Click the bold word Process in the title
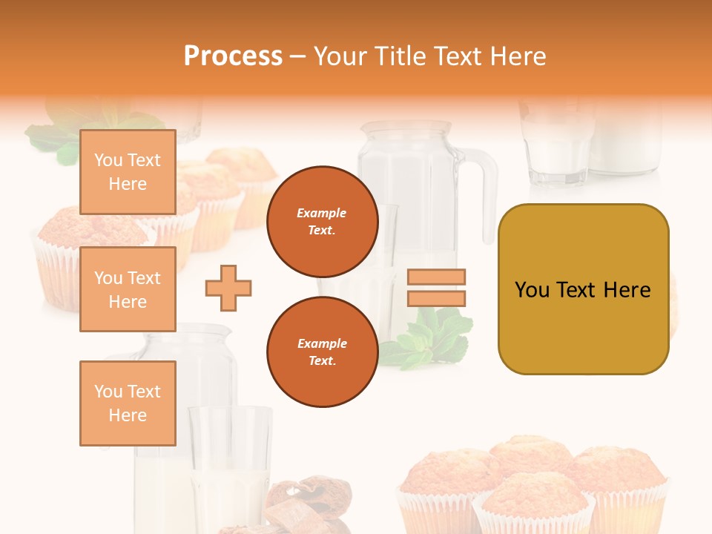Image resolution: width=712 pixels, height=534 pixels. [233, 56]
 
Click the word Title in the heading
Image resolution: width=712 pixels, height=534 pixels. [400, 56]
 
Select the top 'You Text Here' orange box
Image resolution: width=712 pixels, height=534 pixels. [128, 172]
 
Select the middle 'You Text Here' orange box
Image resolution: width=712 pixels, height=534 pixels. [128, 289]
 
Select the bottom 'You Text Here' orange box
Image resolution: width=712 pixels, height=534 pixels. [128, 403]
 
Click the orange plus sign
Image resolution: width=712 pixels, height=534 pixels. [228, 288]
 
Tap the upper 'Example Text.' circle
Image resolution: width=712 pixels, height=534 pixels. [322, 222]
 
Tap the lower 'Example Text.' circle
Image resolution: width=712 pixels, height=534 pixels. [322, 352]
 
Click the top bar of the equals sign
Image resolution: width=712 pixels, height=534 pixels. [436, 277]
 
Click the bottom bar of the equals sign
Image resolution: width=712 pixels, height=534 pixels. [436, 299]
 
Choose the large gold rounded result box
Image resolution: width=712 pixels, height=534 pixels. [583, 289]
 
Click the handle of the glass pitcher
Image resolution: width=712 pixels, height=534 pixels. [486, 193]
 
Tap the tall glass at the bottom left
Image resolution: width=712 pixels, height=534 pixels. [230, 460]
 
